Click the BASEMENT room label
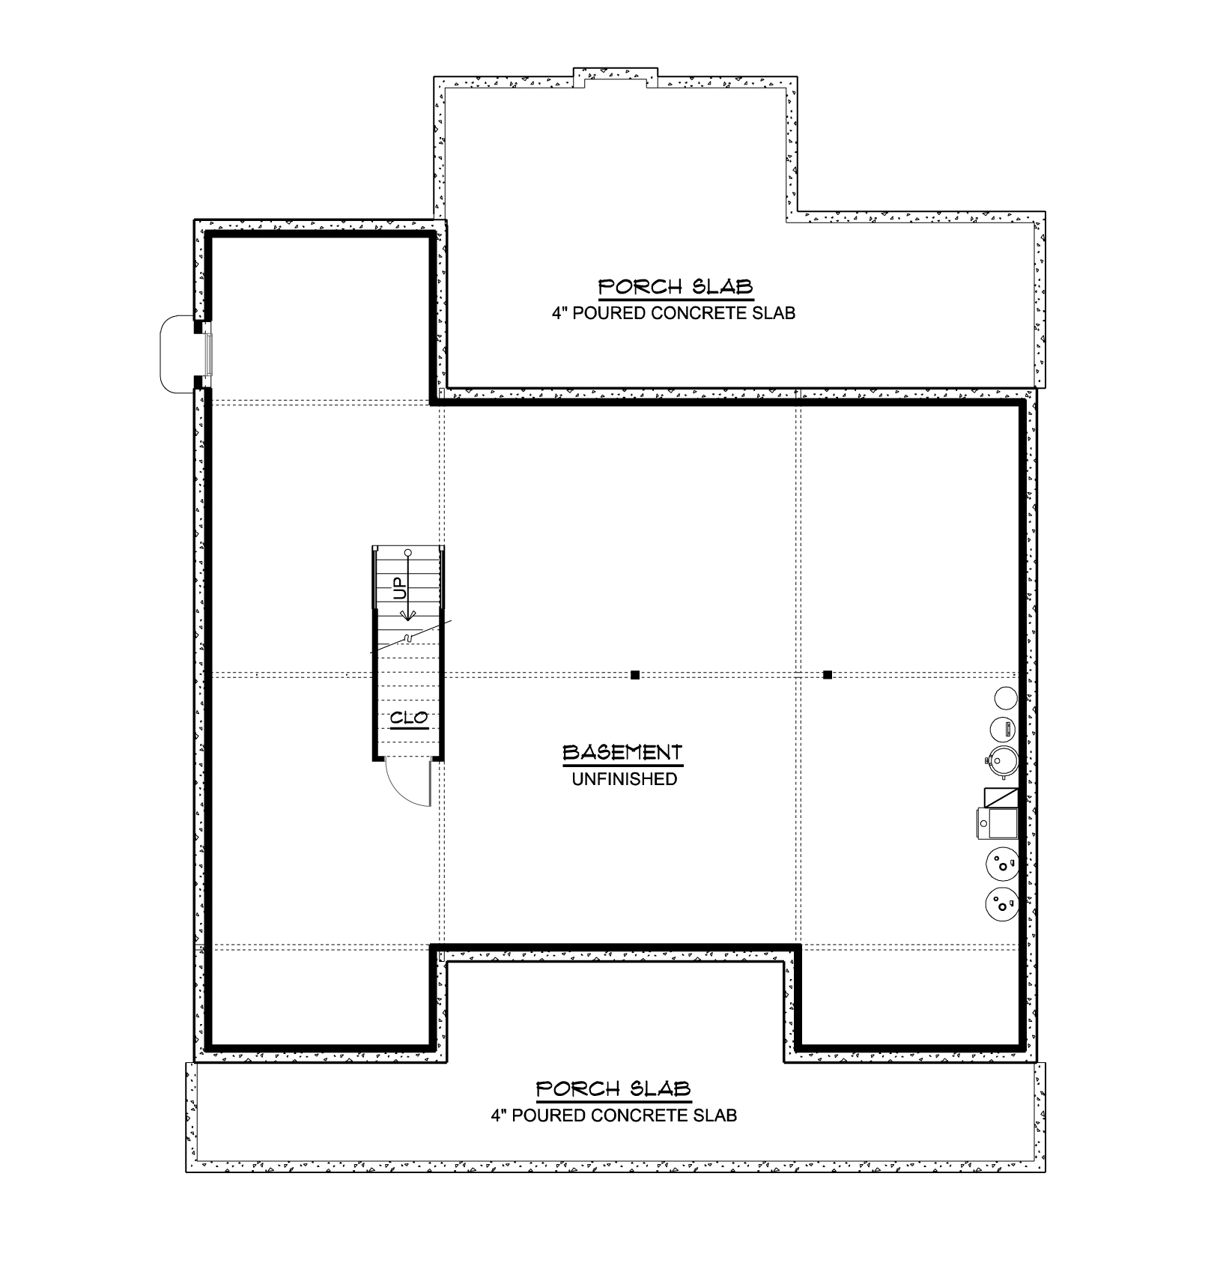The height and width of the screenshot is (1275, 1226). coord(622,752)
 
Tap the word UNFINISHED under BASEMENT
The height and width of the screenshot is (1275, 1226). coord(625,779)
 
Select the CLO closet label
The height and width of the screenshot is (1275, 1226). coord(409,718)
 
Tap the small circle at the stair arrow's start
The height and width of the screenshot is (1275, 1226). coord(408,553)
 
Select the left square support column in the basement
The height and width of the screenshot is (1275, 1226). coord(635,675)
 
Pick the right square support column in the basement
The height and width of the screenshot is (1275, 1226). coord(828,675)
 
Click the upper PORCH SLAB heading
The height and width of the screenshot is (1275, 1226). coord(676,287)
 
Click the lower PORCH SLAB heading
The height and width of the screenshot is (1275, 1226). coord(613,1088)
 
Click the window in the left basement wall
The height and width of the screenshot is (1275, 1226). coord(209,354)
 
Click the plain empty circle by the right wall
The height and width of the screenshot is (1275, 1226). coord(1005,699)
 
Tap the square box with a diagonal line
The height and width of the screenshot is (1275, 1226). coord(1001,797)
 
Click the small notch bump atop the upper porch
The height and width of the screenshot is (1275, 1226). coord(616,77)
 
